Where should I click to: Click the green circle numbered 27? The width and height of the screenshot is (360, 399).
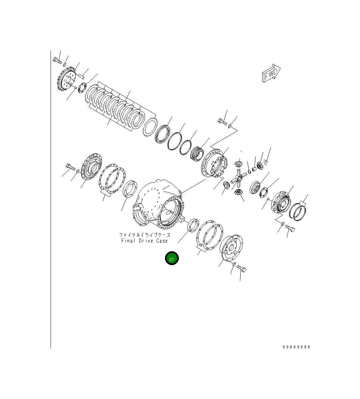click(171, 258)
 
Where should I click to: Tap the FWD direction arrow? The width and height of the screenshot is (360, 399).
click(271, 73)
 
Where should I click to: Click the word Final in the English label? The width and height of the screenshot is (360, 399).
click(128, 241)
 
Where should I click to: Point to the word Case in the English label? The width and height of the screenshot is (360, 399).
click(162, 241)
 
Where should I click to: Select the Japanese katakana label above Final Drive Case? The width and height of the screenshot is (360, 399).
click(144, 235)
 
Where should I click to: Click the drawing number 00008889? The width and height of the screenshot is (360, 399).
click(296, 347)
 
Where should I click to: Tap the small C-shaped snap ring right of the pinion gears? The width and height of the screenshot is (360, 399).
click(267, 163)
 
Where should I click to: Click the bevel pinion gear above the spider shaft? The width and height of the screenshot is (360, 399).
click(238, 164)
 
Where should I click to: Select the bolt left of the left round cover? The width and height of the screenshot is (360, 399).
click(69, 167)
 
